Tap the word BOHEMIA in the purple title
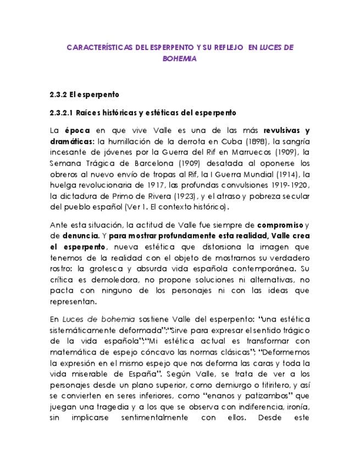(180, 59)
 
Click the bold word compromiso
(280, 225)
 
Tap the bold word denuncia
(77, 236)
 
